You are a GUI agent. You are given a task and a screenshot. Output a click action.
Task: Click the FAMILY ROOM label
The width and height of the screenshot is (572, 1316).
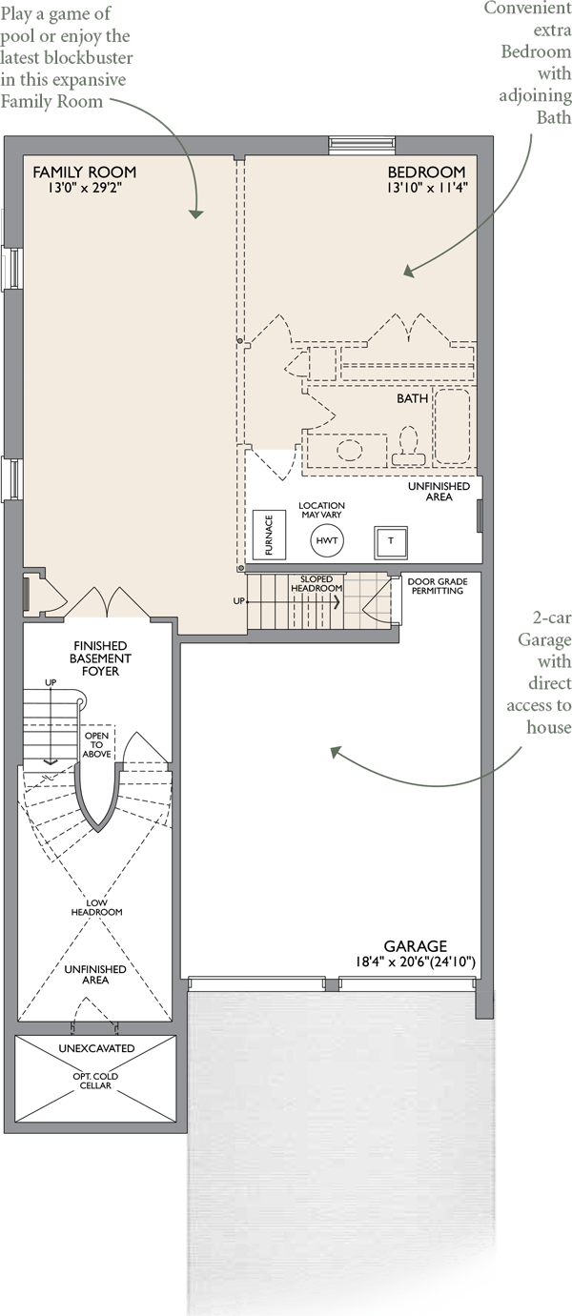85,172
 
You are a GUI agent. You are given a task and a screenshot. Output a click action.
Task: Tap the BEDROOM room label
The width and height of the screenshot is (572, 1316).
426,172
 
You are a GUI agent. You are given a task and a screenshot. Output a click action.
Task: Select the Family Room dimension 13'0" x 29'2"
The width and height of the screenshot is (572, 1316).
85,188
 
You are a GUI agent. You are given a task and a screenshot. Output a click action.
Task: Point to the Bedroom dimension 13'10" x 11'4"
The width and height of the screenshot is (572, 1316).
427,188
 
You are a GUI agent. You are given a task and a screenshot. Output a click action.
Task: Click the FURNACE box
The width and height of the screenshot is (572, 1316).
269,535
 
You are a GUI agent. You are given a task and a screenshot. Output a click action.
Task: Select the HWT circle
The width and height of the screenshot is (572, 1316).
327,540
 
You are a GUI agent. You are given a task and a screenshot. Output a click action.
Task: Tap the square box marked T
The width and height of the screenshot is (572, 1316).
391,541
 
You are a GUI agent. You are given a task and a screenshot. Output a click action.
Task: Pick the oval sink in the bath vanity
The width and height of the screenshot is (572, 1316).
350,450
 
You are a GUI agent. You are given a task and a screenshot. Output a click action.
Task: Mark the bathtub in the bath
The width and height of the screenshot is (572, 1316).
452,426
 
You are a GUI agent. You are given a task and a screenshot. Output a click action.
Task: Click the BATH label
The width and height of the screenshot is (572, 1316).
412,398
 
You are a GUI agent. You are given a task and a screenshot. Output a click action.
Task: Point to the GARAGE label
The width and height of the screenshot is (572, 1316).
415,946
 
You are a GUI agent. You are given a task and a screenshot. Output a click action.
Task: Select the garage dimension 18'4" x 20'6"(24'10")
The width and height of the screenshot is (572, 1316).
415,962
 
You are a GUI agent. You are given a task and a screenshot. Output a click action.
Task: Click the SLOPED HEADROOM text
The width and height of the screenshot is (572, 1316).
317,584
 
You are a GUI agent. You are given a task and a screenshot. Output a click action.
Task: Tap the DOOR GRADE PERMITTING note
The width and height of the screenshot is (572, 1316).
438,586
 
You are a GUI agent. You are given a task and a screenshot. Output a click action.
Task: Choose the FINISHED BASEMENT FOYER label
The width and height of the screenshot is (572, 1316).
100,658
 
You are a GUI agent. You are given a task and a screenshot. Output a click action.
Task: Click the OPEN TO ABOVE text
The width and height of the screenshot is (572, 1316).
96,745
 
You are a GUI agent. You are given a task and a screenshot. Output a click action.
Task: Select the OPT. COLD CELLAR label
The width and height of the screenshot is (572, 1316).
95,1081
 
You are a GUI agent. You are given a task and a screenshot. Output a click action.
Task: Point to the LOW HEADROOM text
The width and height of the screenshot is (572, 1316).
96,908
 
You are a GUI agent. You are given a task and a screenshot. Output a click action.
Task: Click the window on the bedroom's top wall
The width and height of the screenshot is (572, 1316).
362,145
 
